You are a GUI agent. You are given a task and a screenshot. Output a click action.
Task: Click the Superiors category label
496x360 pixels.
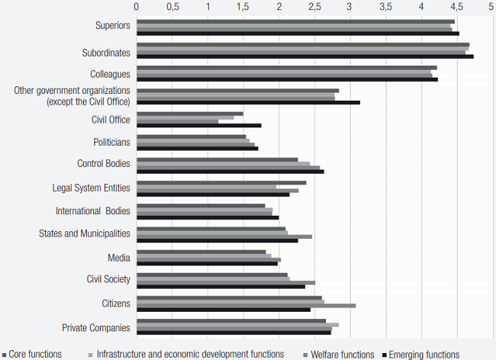tap(112, 26)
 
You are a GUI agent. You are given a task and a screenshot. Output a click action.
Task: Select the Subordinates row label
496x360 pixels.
tap(106, 53)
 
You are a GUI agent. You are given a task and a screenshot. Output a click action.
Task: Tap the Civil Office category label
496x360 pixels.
tap(111, 119)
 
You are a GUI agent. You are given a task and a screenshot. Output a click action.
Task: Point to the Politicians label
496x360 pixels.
tap(111, 142)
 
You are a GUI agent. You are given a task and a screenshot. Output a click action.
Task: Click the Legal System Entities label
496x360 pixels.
tap(91, 188)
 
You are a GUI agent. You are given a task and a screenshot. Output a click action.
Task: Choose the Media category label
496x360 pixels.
tap(119, 257)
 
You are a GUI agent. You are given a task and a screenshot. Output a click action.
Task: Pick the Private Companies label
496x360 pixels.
tap(96, 328)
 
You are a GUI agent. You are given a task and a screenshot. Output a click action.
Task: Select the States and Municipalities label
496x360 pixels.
tap(85, 233)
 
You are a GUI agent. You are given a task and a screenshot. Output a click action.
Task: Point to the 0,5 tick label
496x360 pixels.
tap(172, 7)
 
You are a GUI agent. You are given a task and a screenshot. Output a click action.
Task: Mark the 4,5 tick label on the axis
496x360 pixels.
tap(456, 7)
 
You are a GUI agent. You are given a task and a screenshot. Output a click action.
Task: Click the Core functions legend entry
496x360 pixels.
tap(34, 354)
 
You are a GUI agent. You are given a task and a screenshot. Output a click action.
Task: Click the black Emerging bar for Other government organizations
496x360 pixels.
tap(248, 102)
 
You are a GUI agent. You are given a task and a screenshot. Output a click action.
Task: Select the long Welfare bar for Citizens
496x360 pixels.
tap(246, 306)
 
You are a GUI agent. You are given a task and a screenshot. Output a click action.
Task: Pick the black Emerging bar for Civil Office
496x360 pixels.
tap(198, 125)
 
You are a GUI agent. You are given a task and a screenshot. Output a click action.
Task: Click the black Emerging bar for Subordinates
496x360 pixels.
tap(304, 56)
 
